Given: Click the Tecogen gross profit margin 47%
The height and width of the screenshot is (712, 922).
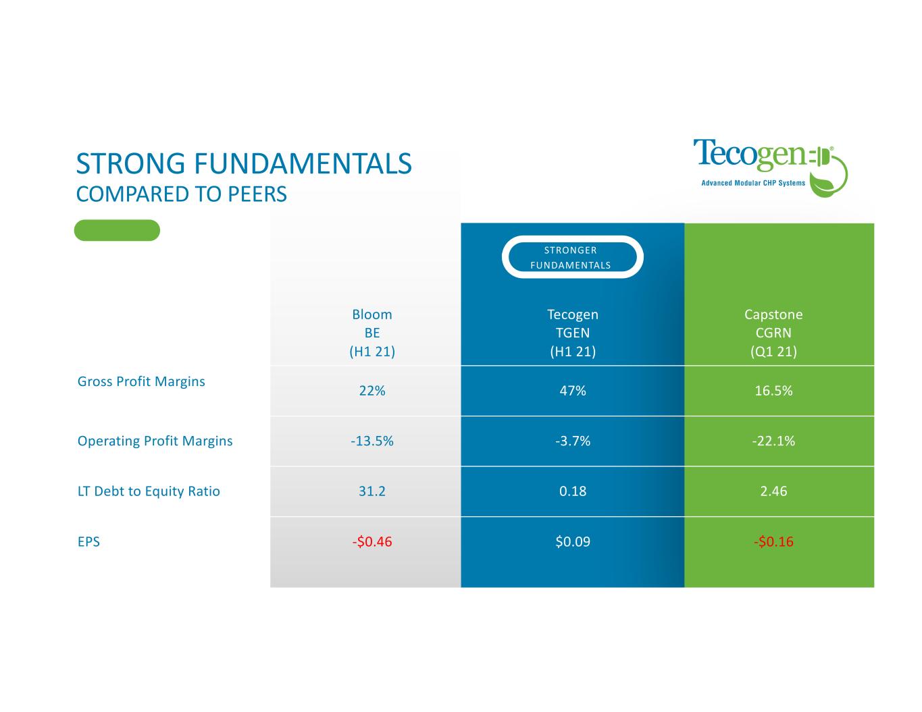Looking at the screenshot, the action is point(572,390).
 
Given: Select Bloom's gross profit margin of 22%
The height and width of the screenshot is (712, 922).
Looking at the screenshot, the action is point(372,390).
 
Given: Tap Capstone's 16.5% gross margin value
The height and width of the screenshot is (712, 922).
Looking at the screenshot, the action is point(773,390).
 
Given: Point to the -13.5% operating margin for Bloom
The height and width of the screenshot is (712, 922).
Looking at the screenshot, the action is point(372,441).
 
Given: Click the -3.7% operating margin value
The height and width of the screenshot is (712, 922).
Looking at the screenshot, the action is point(572,441).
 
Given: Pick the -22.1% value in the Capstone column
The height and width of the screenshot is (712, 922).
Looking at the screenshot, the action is point(773,441).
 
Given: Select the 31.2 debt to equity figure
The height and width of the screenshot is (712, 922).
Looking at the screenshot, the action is point(372,491).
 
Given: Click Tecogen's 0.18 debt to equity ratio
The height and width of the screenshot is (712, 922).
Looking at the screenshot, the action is point(572,491).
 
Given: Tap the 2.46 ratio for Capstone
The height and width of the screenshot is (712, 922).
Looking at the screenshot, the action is point(773,491).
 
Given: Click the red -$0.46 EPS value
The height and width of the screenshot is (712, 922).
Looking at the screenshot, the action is point(372,541).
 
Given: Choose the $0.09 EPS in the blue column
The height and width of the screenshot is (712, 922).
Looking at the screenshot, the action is point(572,541).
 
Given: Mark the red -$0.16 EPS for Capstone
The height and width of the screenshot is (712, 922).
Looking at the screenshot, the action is point(773,541).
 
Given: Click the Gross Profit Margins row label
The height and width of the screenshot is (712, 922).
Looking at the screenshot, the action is point(141,381).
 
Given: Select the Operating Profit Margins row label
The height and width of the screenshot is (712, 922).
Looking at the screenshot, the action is point(155,441).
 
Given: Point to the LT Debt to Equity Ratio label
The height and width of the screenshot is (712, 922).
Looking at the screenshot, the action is point(149,491).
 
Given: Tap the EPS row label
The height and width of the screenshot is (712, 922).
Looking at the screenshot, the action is point(88,542).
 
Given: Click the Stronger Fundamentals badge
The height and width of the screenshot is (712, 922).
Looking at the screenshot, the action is point(572,257).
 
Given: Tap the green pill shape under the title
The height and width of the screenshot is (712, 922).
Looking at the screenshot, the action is point(117,230).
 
